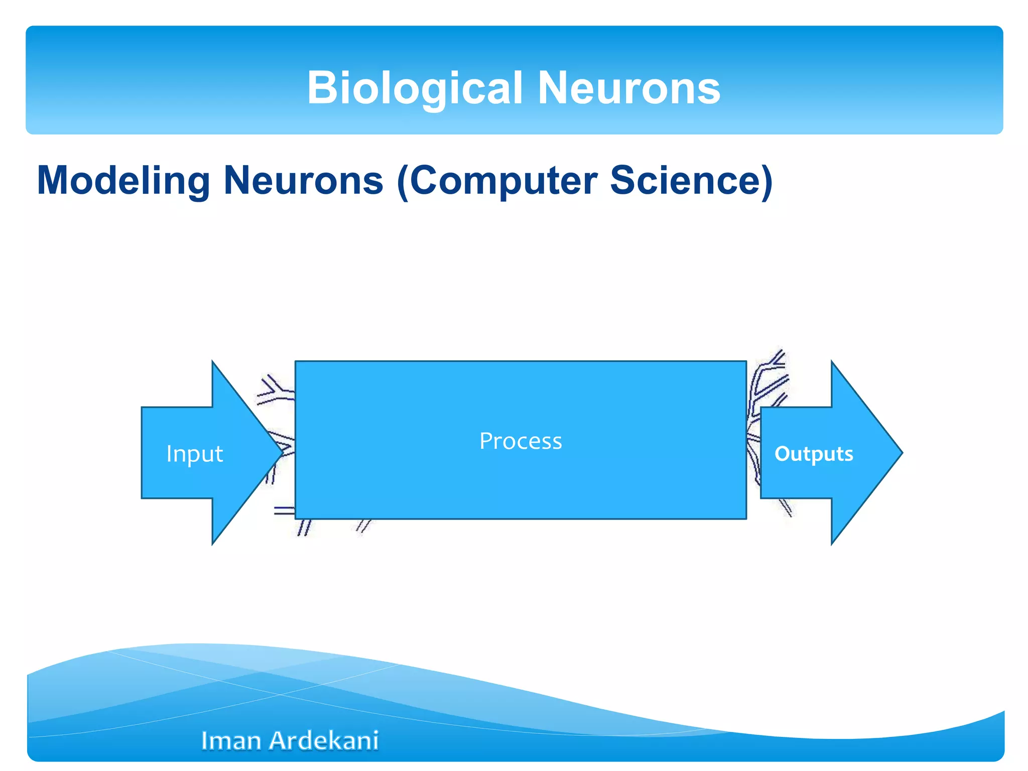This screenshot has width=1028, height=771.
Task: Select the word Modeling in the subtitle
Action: click(123, 181)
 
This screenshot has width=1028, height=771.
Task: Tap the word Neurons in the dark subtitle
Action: click(303, 181)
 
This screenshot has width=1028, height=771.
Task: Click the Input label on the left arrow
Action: click(194, 454)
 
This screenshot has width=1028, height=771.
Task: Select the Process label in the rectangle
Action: click(521, 441)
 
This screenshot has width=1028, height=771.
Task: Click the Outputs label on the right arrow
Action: click(813, 454)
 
